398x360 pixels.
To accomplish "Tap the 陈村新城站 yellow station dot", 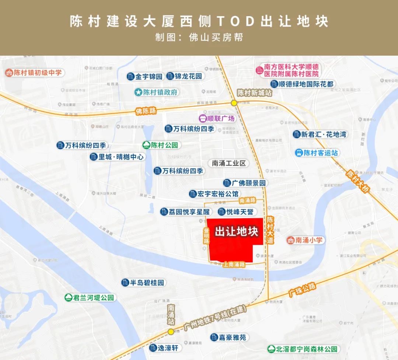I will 234,103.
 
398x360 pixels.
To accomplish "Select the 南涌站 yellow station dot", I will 171,332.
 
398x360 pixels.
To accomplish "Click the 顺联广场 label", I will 217,118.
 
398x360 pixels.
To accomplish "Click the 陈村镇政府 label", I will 156,92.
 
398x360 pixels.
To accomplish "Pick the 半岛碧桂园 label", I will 143,283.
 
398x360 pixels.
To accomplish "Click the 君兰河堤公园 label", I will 90,298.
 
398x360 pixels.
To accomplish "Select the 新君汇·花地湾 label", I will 320,134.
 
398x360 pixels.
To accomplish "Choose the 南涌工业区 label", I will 228,163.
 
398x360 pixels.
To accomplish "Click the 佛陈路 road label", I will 146,111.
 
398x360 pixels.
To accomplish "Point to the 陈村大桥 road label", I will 357,181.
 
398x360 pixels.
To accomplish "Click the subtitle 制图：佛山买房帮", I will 199,38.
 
